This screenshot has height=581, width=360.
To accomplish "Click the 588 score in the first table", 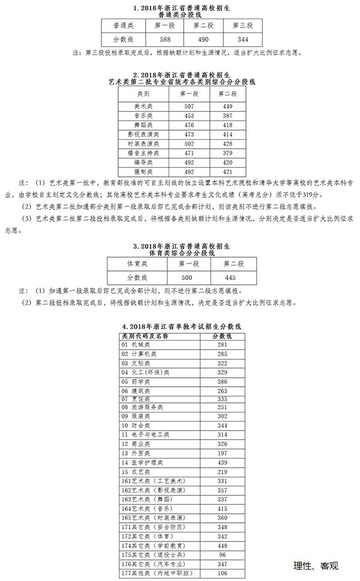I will coord(165,40).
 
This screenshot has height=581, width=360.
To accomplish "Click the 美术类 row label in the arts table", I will coord(143,106).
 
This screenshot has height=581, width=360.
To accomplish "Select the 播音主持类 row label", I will coord(143,153).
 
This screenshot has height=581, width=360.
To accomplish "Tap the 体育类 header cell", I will coord(136,263).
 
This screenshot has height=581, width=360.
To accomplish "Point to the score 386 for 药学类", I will coord(222,381).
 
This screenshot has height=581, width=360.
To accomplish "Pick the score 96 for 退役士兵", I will coord(222,555).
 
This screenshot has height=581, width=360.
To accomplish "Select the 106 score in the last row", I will coord(222,573).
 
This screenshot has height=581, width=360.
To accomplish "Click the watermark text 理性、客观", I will coord(317,565).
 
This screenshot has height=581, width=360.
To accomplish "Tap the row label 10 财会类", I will coord(136,425).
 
